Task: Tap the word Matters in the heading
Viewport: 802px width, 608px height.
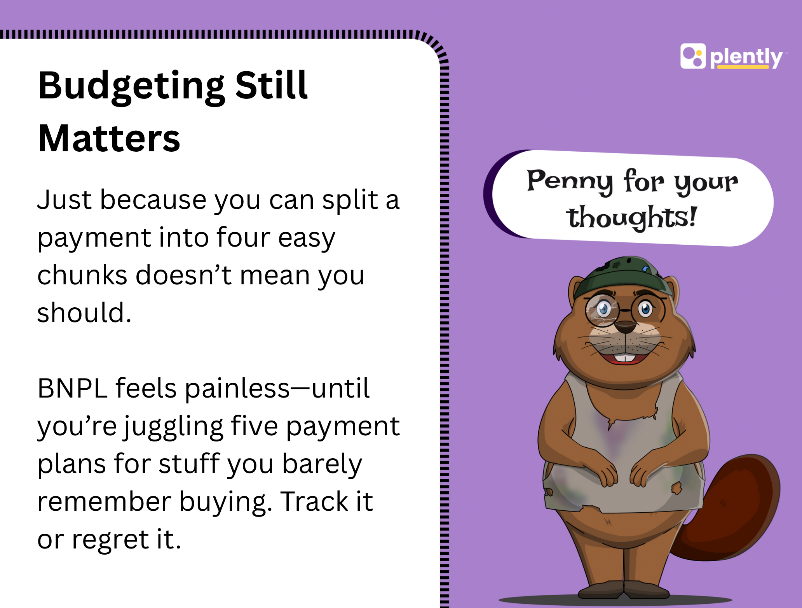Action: pos(109,138)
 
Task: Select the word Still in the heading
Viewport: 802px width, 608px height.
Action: pos(271,85)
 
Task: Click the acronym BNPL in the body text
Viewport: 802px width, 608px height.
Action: pos(72,389)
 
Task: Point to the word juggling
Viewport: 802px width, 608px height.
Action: pos(174,427)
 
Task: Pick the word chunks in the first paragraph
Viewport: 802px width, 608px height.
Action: pos(82,275)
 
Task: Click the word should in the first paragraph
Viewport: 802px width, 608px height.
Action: pos(84,312)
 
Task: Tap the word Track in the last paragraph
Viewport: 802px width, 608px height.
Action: pos(314,501)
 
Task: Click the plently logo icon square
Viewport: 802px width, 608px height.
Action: pos(693,56)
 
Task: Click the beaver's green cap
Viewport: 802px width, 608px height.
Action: pos(623,275)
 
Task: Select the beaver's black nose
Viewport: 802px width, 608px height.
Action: pos(626,326)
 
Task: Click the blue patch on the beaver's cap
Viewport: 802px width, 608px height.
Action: pos(645,268)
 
